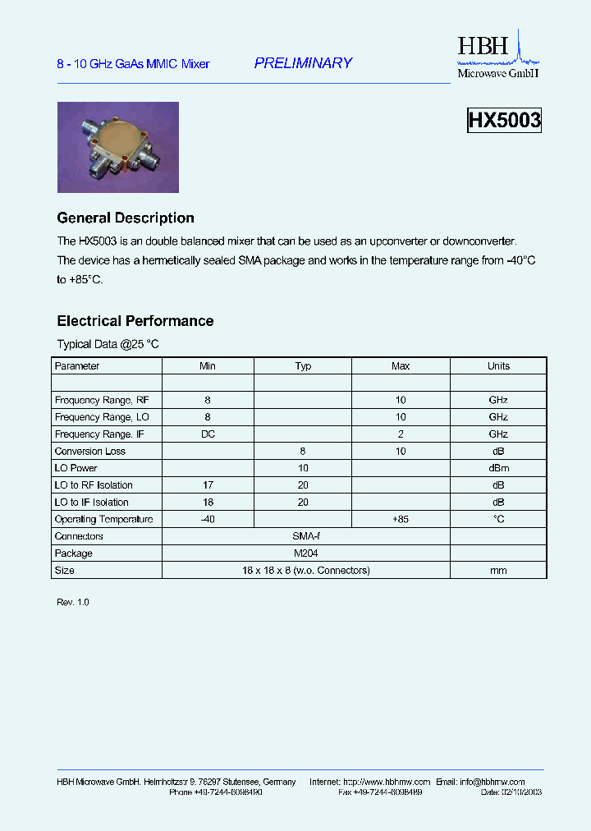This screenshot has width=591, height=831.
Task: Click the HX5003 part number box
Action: (x=504, y=121)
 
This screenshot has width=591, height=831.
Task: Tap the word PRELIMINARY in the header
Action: (x=303, y=63)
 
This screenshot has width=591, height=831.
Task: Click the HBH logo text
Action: (x=483, y=47)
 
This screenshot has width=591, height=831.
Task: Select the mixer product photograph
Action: (x=117, y=147)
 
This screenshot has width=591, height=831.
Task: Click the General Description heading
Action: (x=126, y=218)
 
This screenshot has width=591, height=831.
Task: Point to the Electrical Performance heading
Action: (x=135, y=321)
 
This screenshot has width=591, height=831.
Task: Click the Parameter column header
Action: (x=77, y=366)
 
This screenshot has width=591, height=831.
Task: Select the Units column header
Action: (x=498, y=366)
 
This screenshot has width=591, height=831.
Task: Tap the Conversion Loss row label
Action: (x=90, y=452)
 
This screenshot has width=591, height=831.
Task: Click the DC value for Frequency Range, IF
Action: (x=208, y=434)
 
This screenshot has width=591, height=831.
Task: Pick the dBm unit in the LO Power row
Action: (x=498, y=468)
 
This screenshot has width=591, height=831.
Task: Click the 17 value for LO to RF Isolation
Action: (x=208, y=485)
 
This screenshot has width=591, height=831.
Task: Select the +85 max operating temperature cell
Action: (x=401, y=520)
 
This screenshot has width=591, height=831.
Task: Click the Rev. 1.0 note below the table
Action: (x=73, y=603)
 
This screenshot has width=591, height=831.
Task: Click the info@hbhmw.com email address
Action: (x=492, y=782)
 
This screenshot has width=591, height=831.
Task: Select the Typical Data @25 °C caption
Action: (x=108, y=345)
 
